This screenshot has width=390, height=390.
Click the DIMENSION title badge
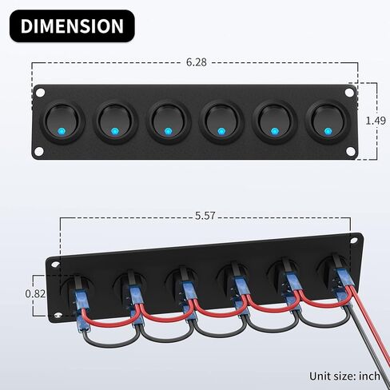coord(72,26)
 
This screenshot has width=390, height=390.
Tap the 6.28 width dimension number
coord(197,62)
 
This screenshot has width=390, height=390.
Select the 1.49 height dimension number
coord(376,121)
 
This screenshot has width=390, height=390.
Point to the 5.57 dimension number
coord(205,216)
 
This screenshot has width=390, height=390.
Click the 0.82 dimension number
coord(35,293)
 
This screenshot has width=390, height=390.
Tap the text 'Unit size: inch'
coord(344,376)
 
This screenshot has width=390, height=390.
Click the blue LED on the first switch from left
coord(62,131)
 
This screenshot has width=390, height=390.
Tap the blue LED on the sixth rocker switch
coord(328,131)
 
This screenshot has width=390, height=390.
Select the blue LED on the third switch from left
coord(168,131)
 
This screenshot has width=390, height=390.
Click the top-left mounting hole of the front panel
coord(41,93)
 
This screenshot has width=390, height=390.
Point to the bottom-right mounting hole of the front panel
coord(351,151)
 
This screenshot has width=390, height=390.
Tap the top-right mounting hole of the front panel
coord(349,93)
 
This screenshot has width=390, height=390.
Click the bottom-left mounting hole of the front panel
coord(39,151)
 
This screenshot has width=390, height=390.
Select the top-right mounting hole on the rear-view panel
coord(354,241)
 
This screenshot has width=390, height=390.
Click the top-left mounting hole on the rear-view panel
coord(56,265)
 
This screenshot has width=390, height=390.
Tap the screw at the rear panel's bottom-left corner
coord(58,315)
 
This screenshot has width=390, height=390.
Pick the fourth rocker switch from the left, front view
coord(221,122)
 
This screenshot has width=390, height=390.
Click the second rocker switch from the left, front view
coord(115,122)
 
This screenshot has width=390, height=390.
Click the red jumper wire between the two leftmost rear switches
coord(112,322)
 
